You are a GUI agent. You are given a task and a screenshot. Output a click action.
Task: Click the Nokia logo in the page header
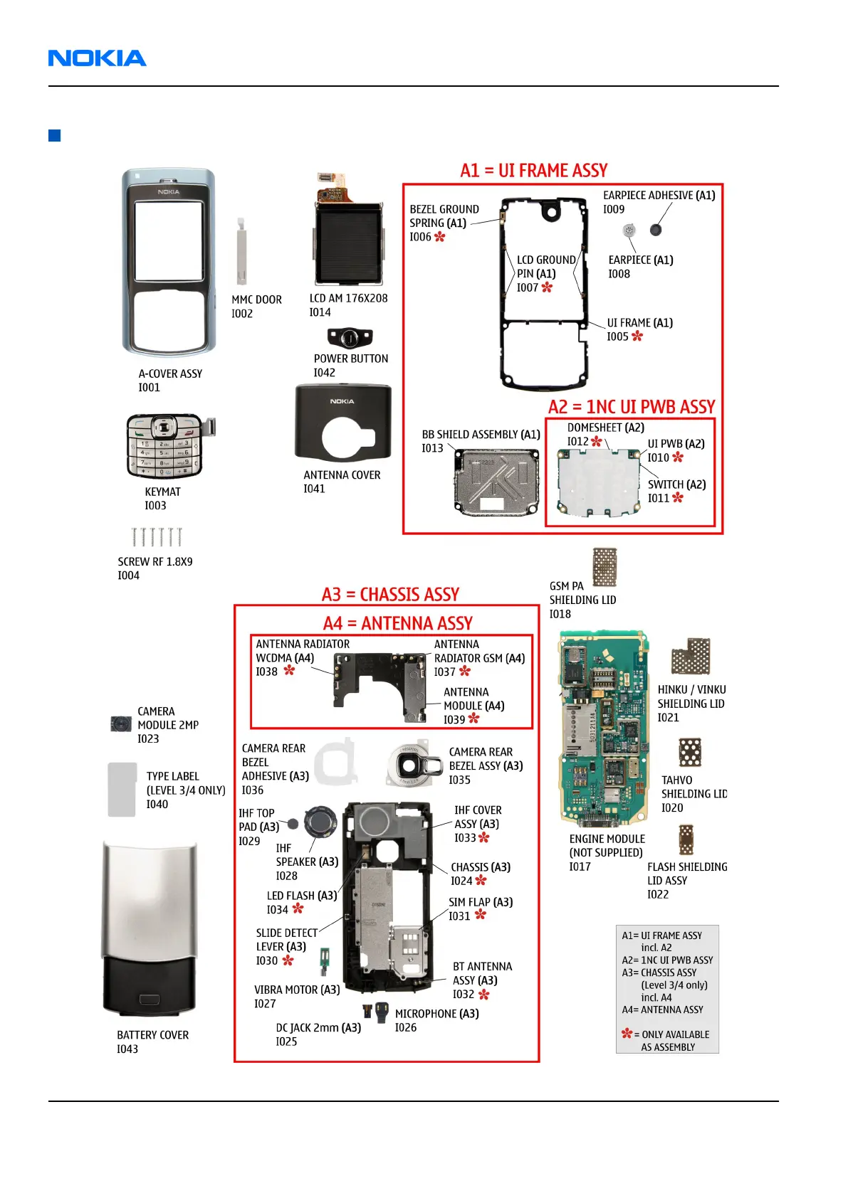tap(97, 58)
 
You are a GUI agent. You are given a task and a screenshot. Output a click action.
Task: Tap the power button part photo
tap(350, 336)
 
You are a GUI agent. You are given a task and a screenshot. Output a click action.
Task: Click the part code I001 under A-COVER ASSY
tap(150, 388)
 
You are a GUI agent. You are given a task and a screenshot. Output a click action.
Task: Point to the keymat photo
tap(165, 446)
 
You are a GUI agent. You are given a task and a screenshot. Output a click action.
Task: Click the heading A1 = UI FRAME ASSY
tap(534, 171)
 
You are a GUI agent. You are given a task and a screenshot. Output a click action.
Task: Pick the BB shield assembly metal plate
tap(496, 482)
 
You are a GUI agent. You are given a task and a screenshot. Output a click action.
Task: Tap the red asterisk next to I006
tap(440, 237)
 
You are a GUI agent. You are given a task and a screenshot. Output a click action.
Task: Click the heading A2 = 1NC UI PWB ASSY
tap(632, 407)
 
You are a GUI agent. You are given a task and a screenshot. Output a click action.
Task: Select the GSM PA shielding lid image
tap(604, 567)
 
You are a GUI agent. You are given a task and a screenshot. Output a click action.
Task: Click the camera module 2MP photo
tap(121, 724)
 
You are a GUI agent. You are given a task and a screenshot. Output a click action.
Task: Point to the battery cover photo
tap(149, 928)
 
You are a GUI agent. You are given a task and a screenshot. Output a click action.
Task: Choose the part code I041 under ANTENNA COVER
tap(314, 489)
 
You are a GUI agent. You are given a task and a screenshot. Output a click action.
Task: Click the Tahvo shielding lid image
tap(690, 753)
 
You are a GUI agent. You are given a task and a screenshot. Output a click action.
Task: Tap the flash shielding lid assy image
tap(686, 839)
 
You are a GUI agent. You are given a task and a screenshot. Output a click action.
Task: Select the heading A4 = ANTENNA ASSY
tap(398, 624)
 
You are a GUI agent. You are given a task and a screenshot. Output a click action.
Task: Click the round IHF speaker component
tap(320, 823)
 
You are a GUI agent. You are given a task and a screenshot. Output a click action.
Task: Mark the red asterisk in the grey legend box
tap(627, 1034)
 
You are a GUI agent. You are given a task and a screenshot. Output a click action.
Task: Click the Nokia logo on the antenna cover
tap(342, 401)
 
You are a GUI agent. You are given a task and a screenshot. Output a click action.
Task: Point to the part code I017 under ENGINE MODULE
tap(580, 866)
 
